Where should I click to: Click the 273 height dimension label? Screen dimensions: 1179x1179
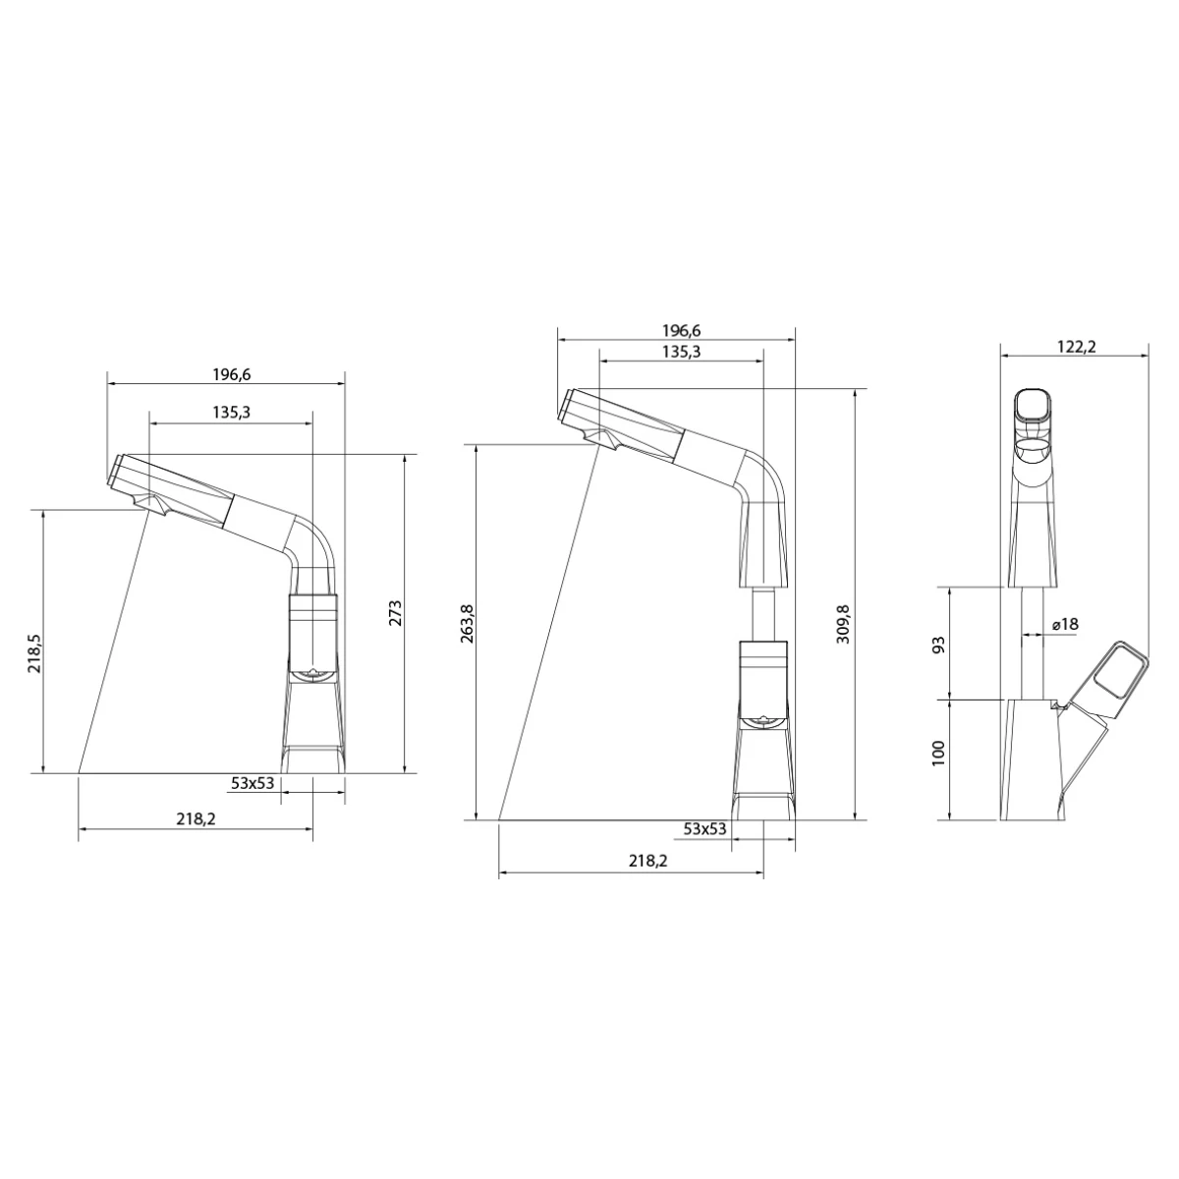(395, 613)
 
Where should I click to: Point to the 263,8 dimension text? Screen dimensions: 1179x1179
(467, 624)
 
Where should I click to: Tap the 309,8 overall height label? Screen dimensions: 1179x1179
(843, 624)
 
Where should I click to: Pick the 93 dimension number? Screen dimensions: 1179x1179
(938, 645)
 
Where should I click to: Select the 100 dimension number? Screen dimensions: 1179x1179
(938, 754)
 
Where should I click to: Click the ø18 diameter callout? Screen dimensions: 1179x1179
(1065, 624)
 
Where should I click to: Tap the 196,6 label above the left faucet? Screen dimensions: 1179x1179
(232, 374)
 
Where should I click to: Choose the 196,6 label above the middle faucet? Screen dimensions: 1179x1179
(682, 330)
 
